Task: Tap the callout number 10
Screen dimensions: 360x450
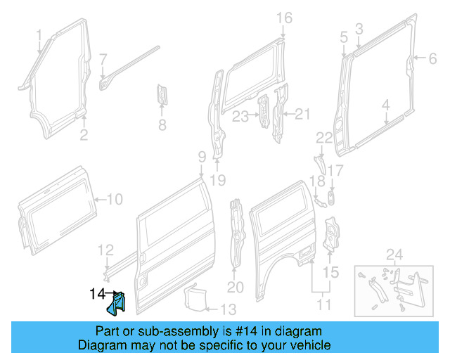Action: (x=114, y=199)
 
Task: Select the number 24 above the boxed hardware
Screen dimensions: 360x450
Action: (x=394, y=254)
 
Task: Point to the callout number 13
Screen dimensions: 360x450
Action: (x=229, y=308)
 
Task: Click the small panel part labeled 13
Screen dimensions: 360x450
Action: (x=194, y=295)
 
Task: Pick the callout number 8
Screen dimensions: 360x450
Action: (x=162, y=127)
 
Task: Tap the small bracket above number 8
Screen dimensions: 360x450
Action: (x=162, y=95)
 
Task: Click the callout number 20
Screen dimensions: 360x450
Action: (x=235, y=287)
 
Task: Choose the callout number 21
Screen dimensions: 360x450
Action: (x=302, y=114)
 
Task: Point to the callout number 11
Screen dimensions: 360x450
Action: (x=324, y=304)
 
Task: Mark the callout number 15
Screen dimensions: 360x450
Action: (x=330, y=271)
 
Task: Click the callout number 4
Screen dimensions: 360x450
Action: (x=385, y=105)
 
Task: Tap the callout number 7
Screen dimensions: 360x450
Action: (x=103, y=58)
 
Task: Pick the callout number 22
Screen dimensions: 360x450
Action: (x=323, y=138)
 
